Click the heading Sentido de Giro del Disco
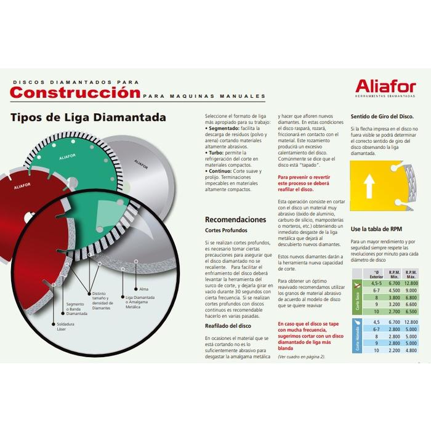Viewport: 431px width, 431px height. tap(376, 116)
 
